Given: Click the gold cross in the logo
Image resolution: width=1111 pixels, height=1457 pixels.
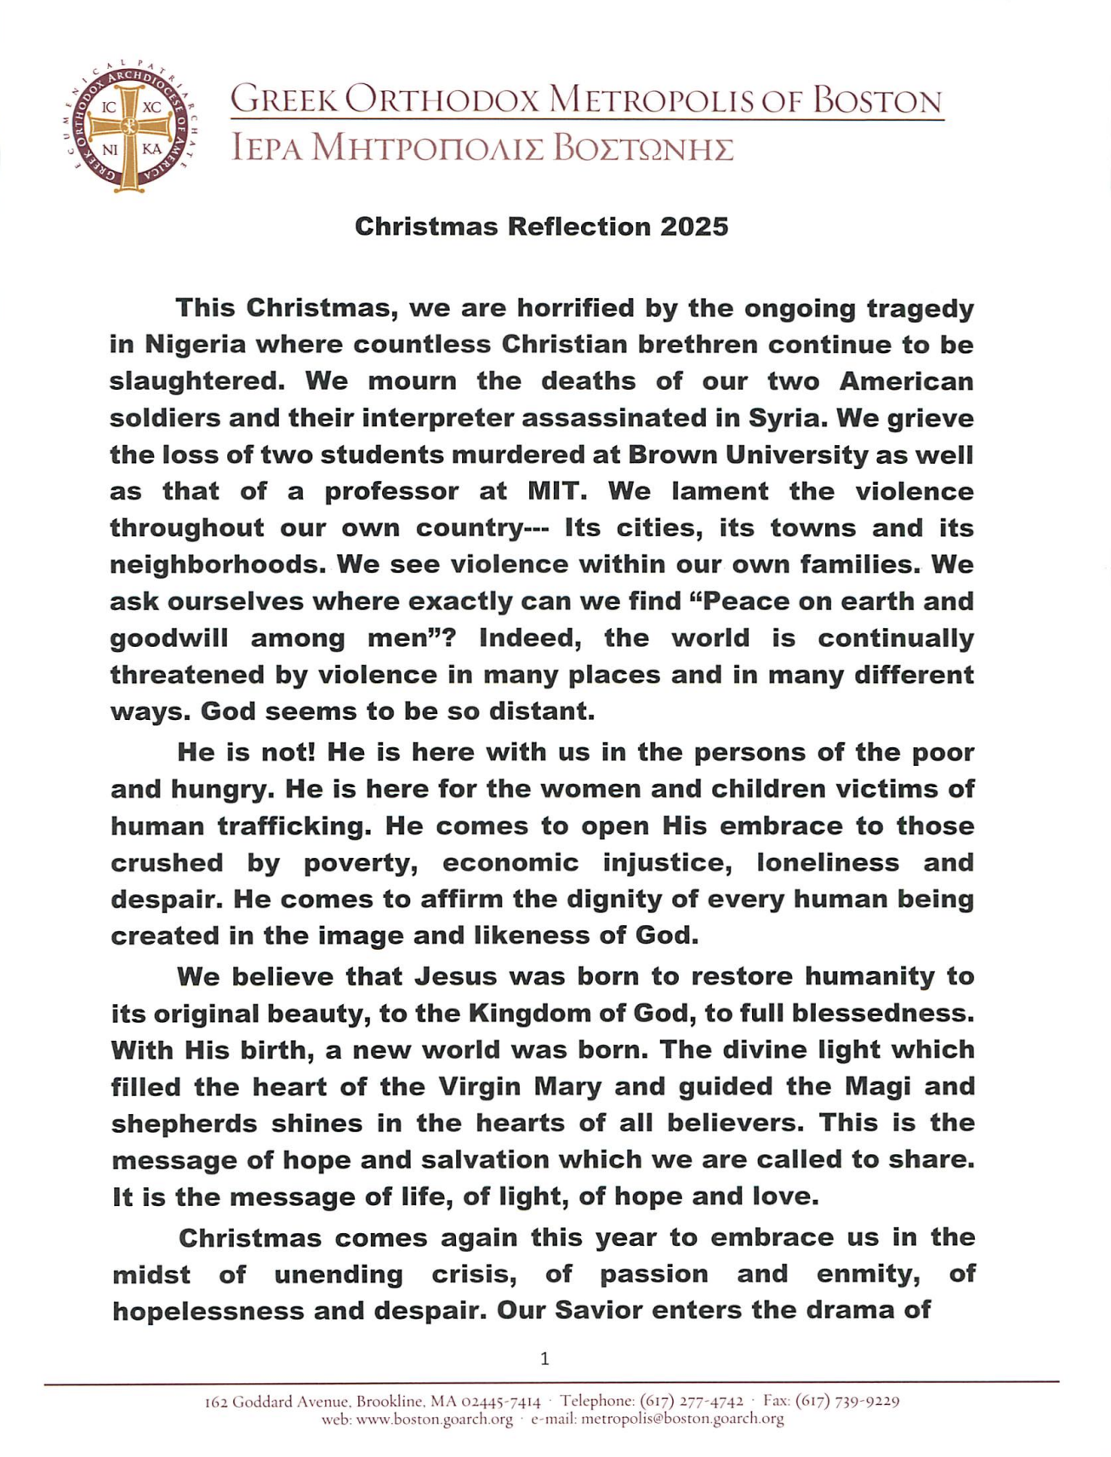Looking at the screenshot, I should [x=129, y=128].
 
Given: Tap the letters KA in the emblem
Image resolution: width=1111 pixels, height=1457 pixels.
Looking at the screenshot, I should [x=151, y=149].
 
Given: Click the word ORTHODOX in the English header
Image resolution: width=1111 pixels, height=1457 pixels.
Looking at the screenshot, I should [x=442, y=100].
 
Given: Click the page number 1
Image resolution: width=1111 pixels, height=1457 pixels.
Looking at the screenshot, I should [x=544, y=1358].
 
